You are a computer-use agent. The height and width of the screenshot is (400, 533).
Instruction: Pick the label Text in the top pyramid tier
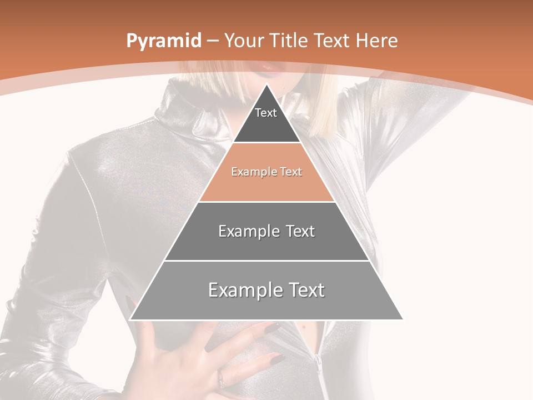pyautogui.click(x=266, y=113)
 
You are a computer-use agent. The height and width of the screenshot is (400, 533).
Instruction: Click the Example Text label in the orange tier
pyautogui.click(x=266, y=172)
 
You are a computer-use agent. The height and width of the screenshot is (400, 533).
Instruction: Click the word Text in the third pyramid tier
pyautogui.click(x=300, y=231)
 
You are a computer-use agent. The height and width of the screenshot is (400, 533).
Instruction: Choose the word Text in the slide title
pyautogui.click(x=332, y=41)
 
